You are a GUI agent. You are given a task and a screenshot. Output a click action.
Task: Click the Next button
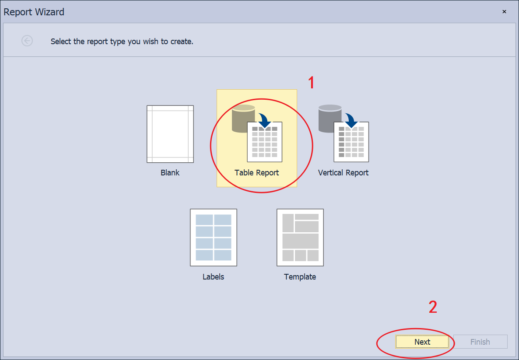(x=422, y=342)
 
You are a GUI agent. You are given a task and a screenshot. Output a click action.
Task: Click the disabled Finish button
(x=480, y=342)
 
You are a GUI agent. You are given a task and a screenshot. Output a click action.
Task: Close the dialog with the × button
(x=504, y=11)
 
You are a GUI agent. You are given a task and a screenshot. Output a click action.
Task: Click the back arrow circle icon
(x=27, y=41)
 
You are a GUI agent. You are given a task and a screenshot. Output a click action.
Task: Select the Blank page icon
(x=170, y=134)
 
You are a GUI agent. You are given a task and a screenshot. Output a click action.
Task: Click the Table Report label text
(x=257, y=173)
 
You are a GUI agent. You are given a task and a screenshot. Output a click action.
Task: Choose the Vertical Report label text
(x=343, y=173)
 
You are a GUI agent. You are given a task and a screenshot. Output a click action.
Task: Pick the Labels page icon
(x=214, y=237)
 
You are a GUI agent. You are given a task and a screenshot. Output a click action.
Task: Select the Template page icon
(x=300, y=237)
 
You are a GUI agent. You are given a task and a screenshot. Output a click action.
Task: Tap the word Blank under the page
(x=170, y=173)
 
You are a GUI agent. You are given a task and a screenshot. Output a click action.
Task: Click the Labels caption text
(x=214, y=276)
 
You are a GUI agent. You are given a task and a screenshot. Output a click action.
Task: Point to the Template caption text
(x=300, y=276)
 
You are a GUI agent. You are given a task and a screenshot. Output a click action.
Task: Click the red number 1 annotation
(x=311, y=82)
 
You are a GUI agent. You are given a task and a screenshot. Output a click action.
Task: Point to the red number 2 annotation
(x=433, y=307)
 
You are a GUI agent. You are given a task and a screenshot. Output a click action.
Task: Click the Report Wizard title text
(x=34, y=12)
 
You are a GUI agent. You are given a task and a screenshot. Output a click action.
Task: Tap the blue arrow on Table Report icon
(x=265, y=120)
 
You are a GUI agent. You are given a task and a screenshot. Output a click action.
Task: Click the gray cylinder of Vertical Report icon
(x=330, y=119)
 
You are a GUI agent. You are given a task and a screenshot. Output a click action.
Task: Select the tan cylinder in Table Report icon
(x=243, y=119)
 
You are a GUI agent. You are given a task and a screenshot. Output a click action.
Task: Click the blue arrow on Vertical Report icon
(x=351, y=120)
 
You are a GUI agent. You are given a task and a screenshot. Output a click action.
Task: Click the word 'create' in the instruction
(x=181, y=42)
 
